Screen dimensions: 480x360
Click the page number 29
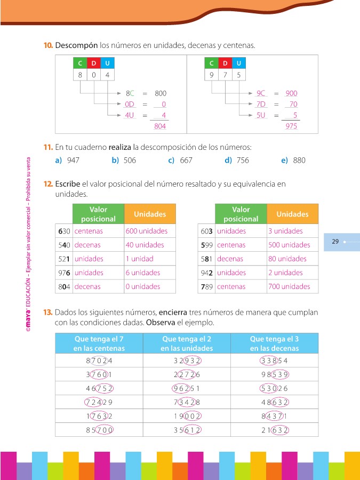[335, 242]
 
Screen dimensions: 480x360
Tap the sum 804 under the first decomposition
[160, 126]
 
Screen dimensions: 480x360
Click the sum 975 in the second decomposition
[291, 126]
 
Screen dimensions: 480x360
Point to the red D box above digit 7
[225, 63]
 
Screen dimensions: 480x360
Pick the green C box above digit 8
[80, 63]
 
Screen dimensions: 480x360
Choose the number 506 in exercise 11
[130, 160]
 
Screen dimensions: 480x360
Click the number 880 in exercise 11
[299, 160]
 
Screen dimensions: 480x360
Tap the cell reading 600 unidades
[147, 231]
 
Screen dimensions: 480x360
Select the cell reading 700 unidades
[289, 286]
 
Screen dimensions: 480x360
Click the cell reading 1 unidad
[140, 259]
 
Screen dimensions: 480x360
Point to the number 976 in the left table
[64, 273]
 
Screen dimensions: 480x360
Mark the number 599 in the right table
[206, 245]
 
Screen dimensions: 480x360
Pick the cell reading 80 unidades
[287, 259]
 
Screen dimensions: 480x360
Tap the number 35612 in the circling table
[187, 428]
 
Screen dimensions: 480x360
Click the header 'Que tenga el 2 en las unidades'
[187, 343]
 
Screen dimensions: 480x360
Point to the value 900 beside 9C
[291, 93]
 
